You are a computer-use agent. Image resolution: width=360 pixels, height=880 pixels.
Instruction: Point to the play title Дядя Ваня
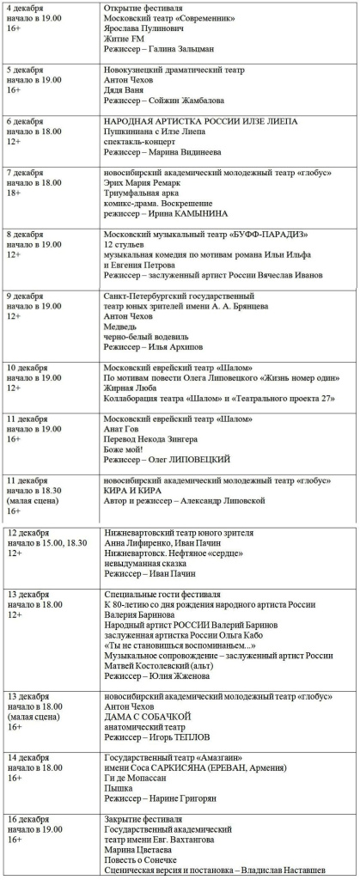[124, 89]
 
